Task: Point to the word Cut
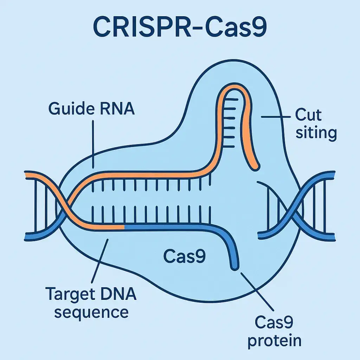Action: (x=309, y=115)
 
